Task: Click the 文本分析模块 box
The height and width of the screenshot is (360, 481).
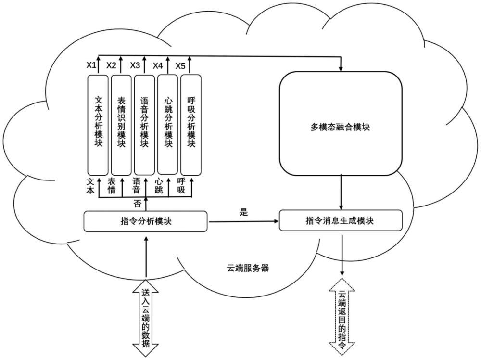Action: coord(98,124)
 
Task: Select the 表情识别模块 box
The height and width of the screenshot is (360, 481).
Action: coord(121,124)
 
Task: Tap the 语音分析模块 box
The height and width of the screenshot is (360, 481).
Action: coord(144,124)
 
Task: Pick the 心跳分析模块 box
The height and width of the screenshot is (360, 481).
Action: coord(168,124)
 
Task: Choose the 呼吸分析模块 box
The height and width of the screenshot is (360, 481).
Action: coord(191,124)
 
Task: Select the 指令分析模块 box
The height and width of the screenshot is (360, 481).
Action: coord(145,221)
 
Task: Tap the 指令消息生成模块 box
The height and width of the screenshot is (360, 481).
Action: coord(341,221)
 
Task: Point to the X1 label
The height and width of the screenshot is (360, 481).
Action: coord(91,65)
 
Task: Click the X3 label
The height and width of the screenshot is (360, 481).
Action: coord(135,65)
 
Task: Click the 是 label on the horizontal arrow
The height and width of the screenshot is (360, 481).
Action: coord(243,212)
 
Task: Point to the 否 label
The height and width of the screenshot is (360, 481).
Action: coord(137,204)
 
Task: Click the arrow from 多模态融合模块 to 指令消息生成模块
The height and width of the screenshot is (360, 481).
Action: coord(341,192)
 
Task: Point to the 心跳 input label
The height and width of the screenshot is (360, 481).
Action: coord(159,185)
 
